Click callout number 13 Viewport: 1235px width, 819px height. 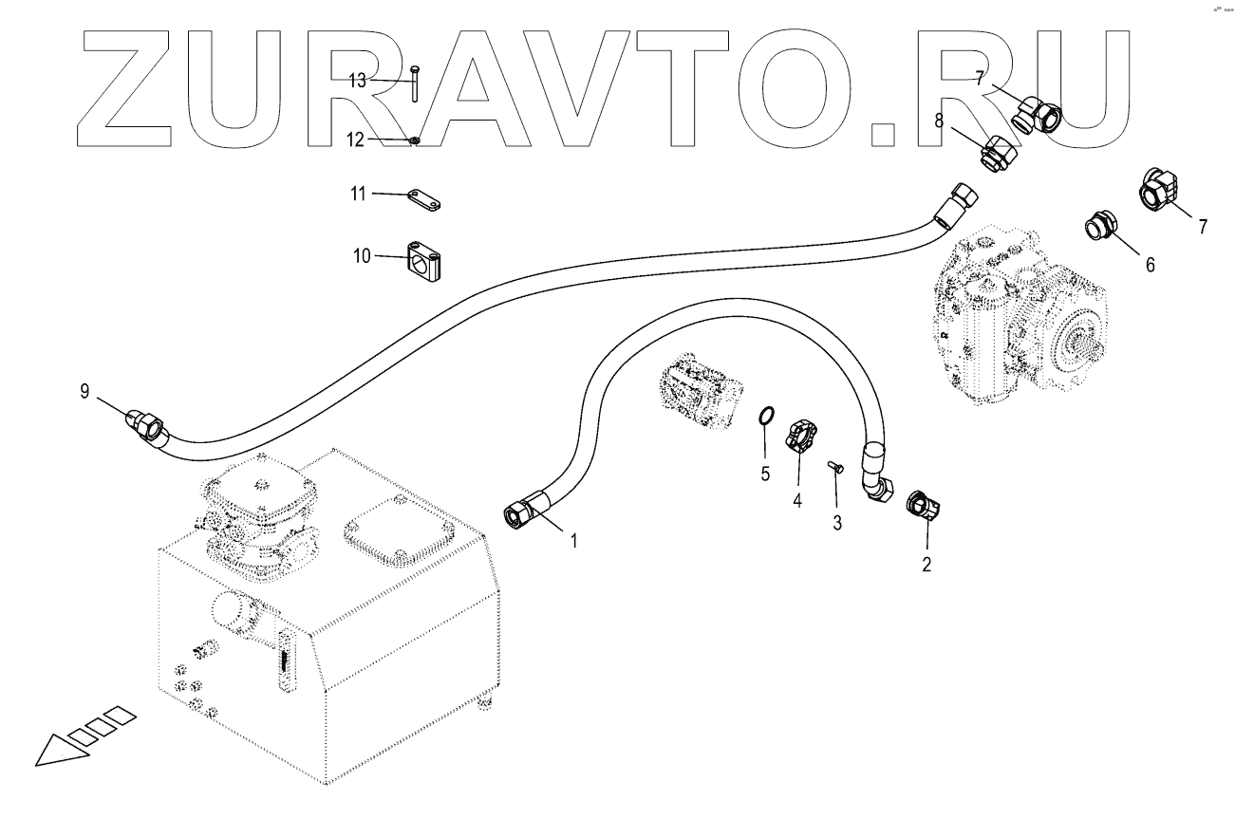tap(357, 81)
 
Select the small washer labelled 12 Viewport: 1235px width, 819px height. tap(415, 142)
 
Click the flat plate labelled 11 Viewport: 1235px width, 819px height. tap(426, 201)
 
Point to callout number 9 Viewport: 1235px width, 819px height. tap(85, 390)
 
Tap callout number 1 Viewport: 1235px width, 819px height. tap(573, 540)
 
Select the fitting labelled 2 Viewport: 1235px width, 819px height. tap(923, 504)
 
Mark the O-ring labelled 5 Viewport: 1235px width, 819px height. tap(765, 417)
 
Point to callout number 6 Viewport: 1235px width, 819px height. tap(1150, 265)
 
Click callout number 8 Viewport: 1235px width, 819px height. tap(939, 121)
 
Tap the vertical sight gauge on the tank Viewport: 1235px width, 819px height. tap(283, 661)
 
